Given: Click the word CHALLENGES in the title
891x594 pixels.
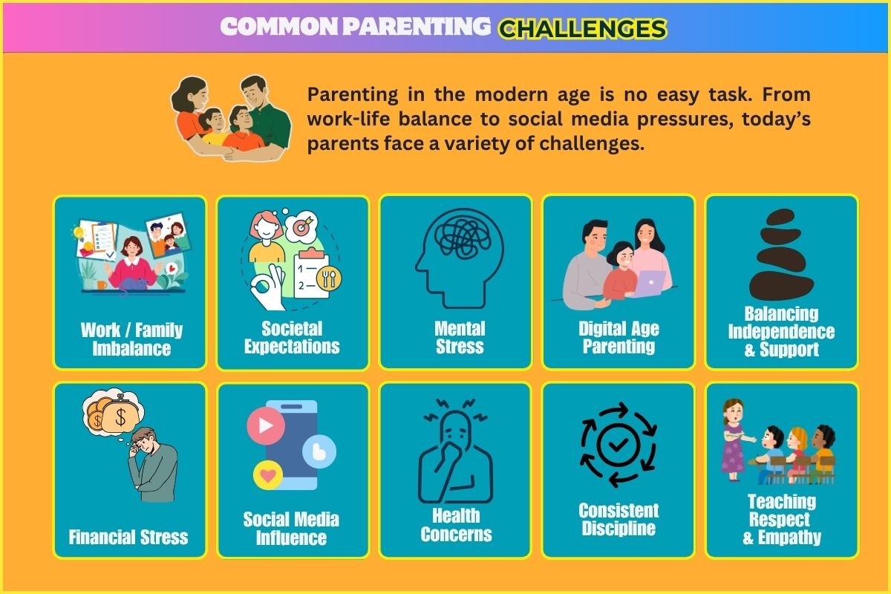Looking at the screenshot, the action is [583, 29].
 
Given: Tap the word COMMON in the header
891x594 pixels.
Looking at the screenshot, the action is [279, 27].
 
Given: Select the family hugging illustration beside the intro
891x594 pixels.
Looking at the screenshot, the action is [231, 118].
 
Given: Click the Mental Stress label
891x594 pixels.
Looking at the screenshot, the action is [460, 338].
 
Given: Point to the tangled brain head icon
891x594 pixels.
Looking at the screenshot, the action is [460, 258].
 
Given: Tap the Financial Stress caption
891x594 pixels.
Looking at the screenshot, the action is [128, 537].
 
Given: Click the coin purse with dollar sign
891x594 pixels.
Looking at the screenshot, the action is [120, 416].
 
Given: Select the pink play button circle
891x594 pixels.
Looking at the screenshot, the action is [266, 425].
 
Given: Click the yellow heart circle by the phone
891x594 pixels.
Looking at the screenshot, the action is [268, 475].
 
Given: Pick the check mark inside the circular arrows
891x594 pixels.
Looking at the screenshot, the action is [618, 444].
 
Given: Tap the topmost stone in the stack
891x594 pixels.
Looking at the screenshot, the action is [780, 218].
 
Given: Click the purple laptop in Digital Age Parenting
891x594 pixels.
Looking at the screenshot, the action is [648, 284].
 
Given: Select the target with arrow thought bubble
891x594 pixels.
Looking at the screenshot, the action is [302, 226].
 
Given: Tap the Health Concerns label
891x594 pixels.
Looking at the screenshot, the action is [456, 525].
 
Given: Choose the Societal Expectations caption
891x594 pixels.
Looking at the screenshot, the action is [292, 338].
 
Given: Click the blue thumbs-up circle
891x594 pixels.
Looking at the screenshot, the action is [319, 451].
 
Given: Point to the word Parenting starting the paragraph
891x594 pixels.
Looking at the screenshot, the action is [353, 96].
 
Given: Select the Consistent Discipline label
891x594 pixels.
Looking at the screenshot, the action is [619, 520].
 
